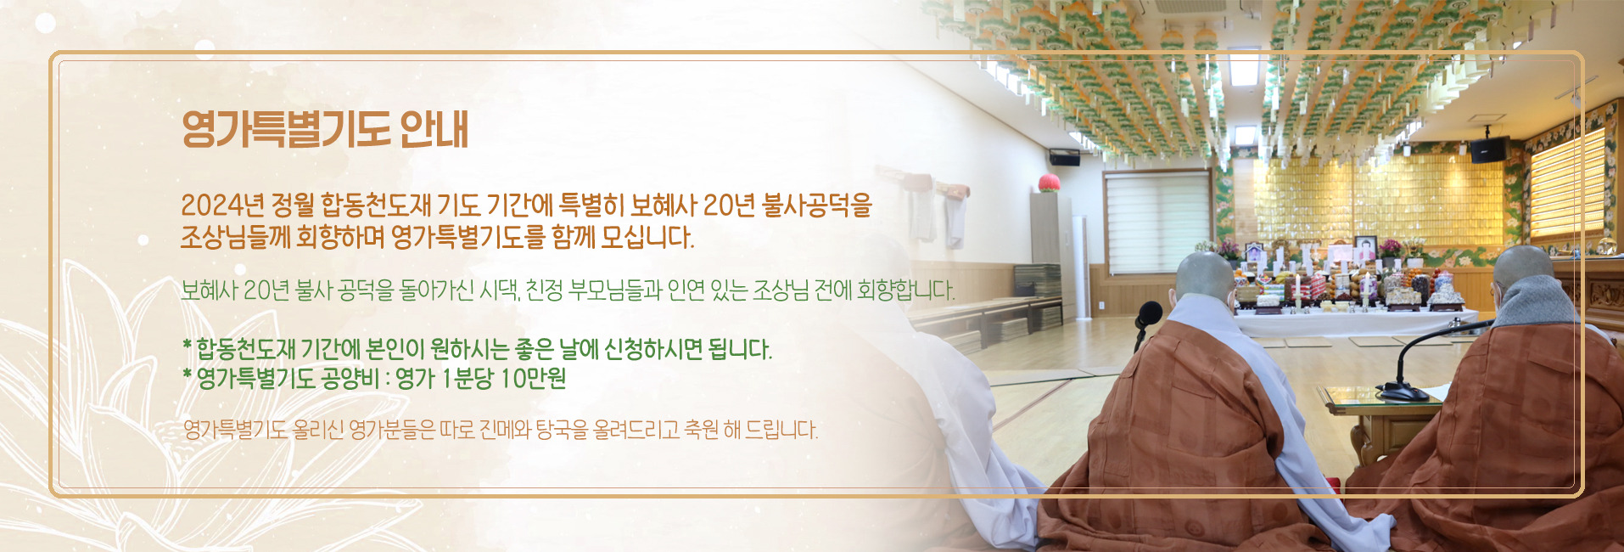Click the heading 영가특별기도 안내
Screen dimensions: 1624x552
325,130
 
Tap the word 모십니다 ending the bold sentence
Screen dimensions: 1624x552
647,237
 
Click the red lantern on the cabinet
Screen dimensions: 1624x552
1050,183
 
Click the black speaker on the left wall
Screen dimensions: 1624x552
1065,157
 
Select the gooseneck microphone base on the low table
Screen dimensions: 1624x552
1402,393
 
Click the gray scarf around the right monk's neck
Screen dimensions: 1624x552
1537,302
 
